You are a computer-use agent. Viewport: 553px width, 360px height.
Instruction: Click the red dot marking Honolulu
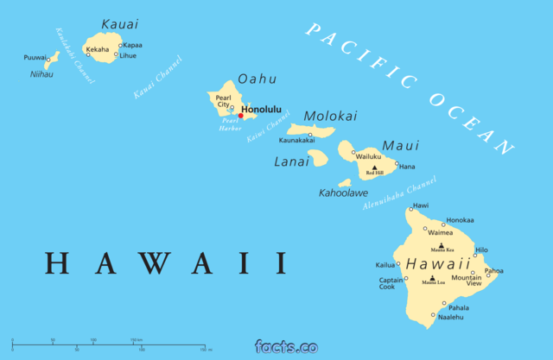(x=240, y=116)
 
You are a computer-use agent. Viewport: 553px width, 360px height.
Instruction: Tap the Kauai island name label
(x=119, y=24)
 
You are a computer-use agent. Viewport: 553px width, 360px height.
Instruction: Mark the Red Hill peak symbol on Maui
(x=374, y=167)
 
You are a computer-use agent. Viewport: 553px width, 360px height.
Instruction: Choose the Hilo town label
(x=481, y=249)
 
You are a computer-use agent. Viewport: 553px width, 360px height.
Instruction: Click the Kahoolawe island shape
(x=345, y=183)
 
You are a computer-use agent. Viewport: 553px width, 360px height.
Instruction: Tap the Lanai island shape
(x=317, y=158)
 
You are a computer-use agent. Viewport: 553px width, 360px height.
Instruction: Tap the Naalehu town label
(x=450, y=317)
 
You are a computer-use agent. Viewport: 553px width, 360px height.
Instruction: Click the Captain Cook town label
(x=388, y=283)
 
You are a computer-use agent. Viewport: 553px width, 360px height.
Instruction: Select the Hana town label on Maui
(x=407, y=167)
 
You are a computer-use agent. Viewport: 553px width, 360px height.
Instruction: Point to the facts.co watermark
(x=286, y=347)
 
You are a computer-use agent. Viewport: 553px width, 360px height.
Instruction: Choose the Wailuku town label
(x=369, y=156)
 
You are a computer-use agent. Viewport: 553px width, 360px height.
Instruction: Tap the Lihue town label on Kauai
(x=128, y=55)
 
